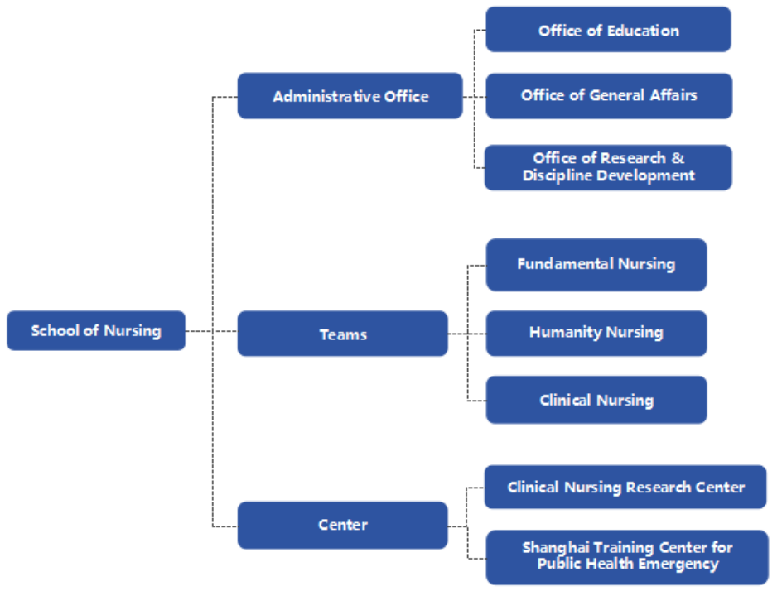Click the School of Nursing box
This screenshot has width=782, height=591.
pos(96,330)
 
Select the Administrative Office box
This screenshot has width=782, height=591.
pos(350,96)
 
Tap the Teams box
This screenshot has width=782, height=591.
pos(343,334)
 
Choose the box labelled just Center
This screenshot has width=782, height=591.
pos(343,526)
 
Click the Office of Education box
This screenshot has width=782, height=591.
pos(608,30)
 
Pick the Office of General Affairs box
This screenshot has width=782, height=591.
pos(609,96)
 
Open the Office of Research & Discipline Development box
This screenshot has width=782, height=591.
pos(608,167)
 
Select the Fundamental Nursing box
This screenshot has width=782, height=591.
pos(596,265)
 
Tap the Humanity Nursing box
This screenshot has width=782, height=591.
pos(596,334)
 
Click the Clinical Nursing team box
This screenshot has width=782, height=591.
pos(596,400)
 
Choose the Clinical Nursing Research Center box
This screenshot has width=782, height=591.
pos(625,487)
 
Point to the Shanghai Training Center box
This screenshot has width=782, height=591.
pos(627,557)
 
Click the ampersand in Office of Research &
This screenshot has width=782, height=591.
pos(678,158)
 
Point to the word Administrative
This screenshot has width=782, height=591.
pos(323,96)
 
